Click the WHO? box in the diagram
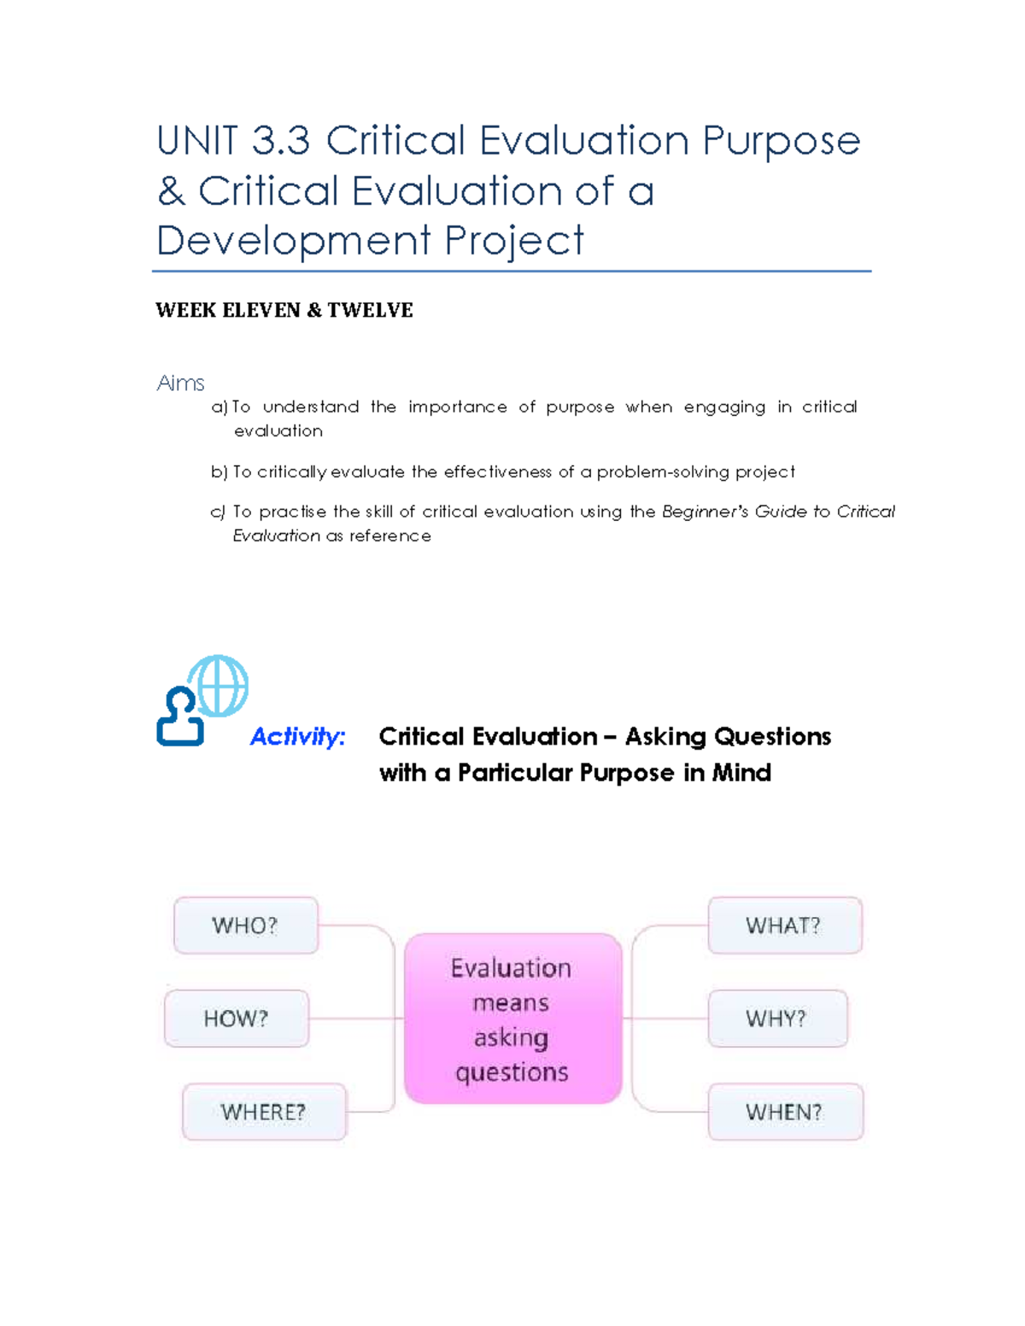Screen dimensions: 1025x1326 click(x=246, y=925)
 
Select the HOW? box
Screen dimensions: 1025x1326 click(x=237, y=1019)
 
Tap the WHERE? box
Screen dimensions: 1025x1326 click(x=264, y=1112)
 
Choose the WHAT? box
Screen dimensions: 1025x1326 click(x=785, y=925)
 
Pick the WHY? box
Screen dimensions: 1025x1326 click(x=778, y=1019)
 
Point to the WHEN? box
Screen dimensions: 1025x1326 click(x=786, y=1112)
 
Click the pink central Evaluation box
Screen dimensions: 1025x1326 click(x=512, y=1019)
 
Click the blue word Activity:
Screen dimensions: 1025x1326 click(x=298, y=737)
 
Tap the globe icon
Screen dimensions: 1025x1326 click(x=218, y=686)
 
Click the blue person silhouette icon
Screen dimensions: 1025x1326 click(x=180, y=716)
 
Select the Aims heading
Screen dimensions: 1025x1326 click(x=180, y=383)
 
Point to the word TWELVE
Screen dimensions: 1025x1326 click(x=371, y=310)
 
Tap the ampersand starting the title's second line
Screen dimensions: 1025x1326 click(x=171, y=190)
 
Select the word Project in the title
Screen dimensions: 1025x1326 click(x=514, y=242)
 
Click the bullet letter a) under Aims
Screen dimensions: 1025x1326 click(x=220, y=407)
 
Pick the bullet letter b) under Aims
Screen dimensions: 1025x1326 click(x=220, y=471)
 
